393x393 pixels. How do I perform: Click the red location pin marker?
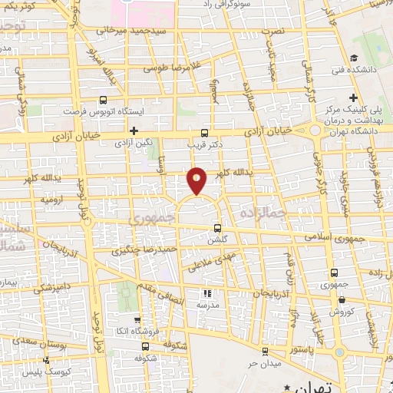tap(196, 180)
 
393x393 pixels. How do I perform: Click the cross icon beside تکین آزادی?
tap(134, 130)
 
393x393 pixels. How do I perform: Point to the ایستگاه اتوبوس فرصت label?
tap(93, 111)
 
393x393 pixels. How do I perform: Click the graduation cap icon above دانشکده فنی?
tap(353, 58)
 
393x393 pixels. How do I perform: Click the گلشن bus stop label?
tap(218, 239)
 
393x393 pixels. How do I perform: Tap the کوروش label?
tap(340, 312)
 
